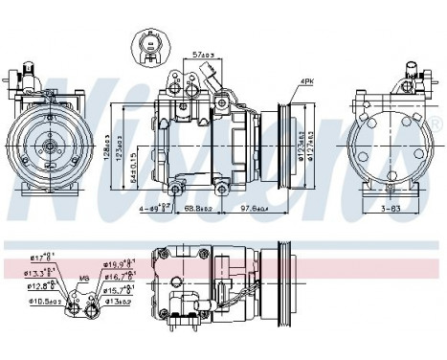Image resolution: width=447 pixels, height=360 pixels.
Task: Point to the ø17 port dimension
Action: tap(42, 257)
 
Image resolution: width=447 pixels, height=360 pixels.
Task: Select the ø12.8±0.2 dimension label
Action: tap(40, 286)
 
